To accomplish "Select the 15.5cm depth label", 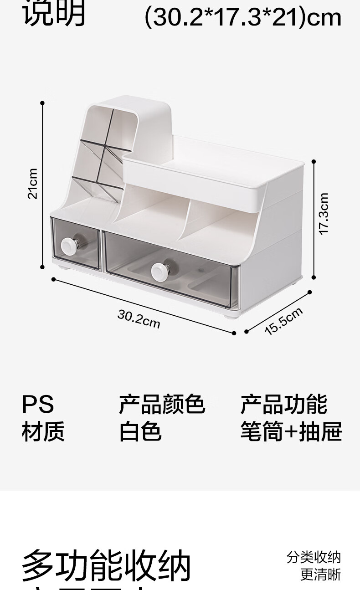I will coord(283,321).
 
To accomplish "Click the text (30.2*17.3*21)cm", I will coord(242,17).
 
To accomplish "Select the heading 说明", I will coord(54,14).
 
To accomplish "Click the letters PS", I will coord(38,404).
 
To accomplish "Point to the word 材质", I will coord(43,431).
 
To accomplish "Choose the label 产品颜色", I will coord(161,404).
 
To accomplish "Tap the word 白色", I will coord(140,431).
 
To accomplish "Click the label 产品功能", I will coord(283,404).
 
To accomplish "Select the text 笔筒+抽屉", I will coord(291,431).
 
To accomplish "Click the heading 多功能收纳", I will coord(106,566).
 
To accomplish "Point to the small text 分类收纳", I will coord(314,557).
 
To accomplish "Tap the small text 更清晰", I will coord(320,575).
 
